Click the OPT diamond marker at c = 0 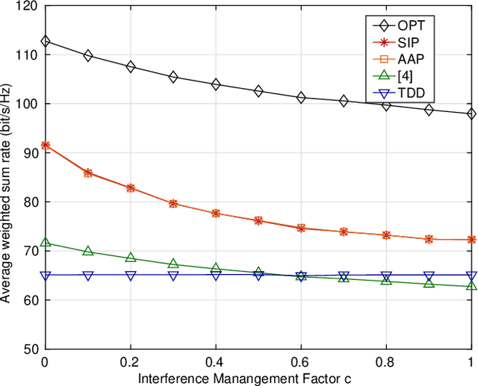point(46,42)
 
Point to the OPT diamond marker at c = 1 point(471,113)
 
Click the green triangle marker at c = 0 point(46,243)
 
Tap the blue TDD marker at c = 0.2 point(131,276)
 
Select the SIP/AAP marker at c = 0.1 point(88,172)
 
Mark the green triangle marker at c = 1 point(471,286)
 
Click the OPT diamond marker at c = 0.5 point(258,91)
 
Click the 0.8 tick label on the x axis point(386,361)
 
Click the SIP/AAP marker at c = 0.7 point(344,231)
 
